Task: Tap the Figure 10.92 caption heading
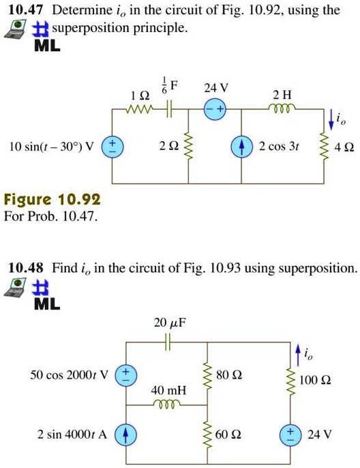(x=52, y=201)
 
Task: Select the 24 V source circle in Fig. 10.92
(x=216, y=109)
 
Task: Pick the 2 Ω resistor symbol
(x=189, y=146)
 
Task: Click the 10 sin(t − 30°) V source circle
(x=112, y=146)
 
